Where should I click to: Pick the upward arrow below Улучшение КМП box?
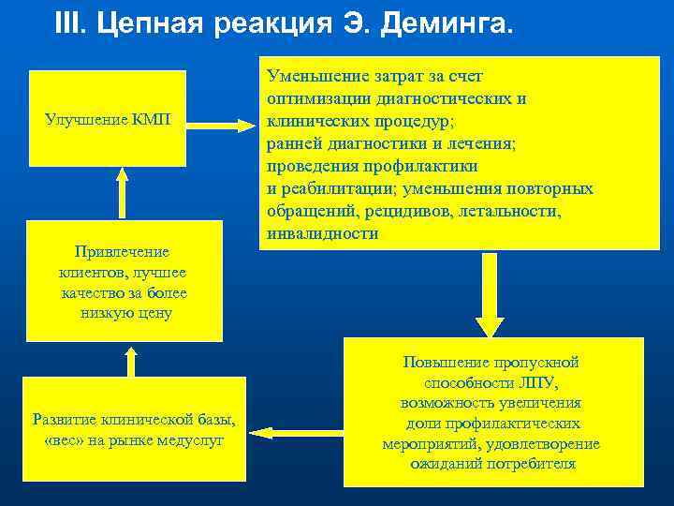pos(120,195)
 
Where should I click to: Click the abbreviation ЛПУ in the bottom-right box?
pos(537,382)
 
